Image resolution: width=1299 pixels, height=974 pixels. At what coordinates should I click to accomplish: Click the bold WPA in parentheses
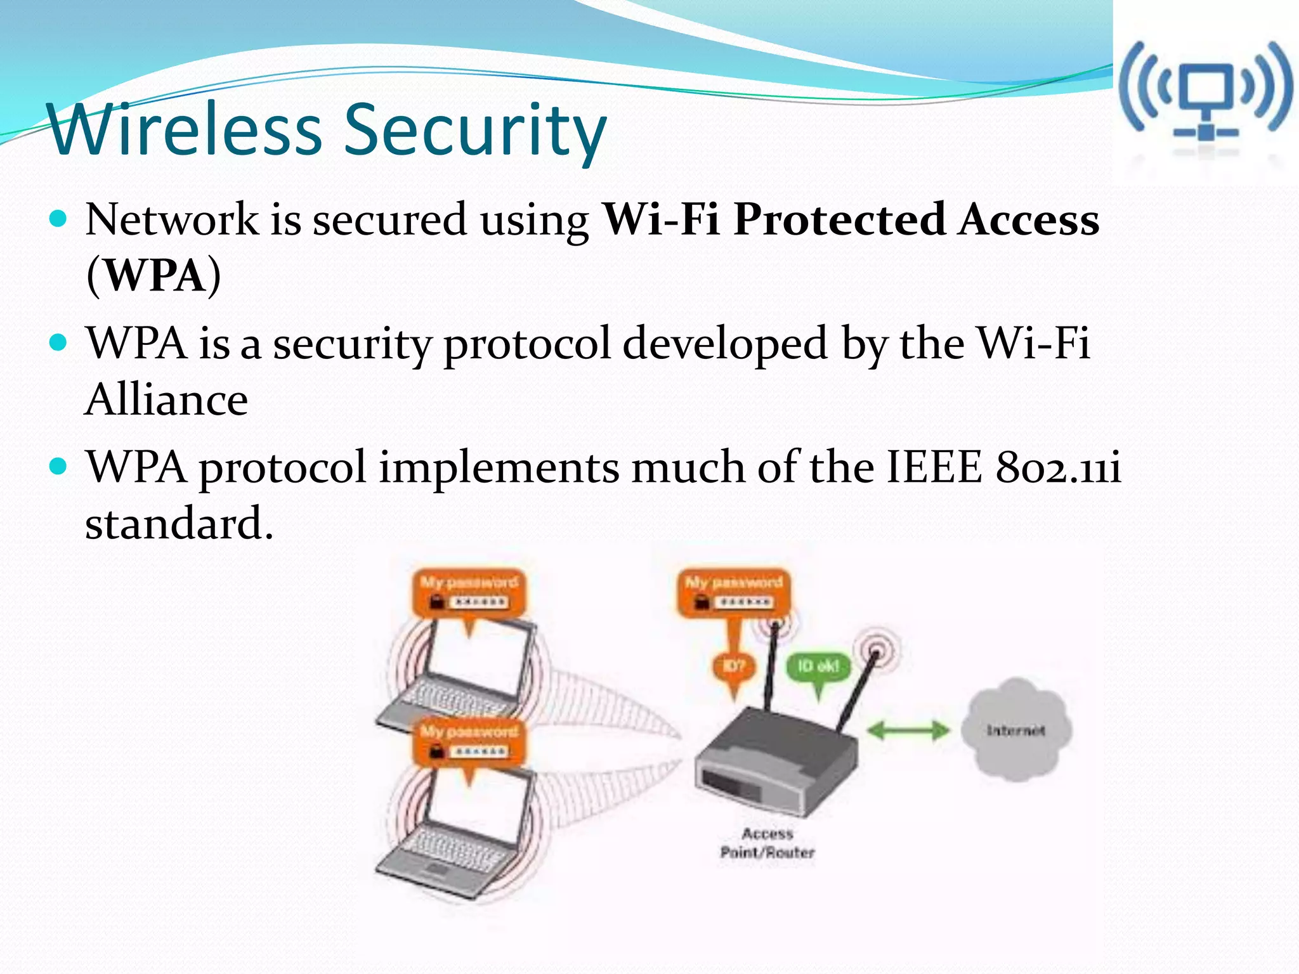154,276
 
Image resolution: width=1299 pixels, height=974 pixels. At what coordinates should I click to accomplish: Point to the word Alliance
166,400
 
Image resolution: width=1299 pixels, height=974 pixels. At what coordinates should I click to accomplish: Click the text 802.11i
1058,468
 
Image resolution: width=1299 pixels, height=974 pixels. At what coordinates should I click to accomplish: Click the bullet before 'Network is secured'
58,219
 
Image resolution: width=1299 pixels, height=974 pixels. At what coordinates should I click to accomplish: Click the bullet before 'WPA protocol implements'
58,467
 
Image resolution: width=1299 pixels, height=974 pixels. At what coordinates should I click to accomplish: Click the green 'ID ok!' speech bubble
818,667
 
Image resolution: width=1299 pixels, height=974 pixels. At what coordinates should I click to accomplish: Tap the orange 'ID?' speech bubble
734,667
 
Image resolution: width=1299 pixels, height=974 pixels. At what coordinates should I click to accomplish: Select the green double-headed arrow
908,730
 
